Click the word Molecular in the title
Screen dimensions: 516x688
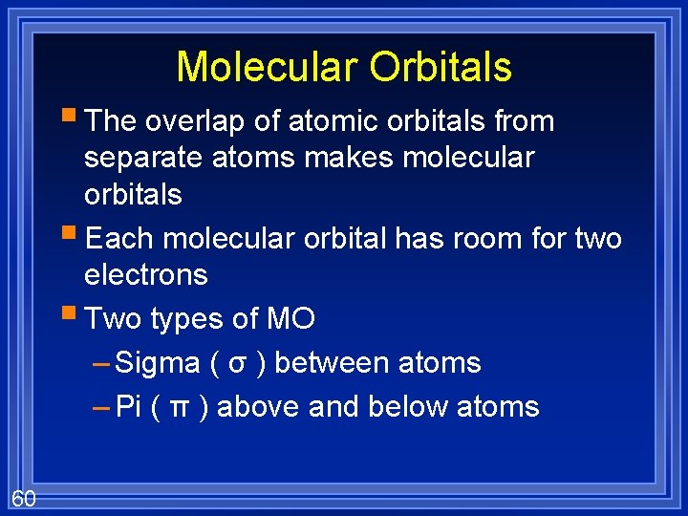(267, 67)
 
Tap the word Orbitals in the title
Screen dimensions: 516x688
(441, 67)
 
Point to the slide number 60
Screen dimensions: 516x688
(24, 498)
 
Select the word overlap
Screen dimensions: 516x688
(196, 121)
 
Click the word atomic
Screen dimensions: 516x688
(327, 121)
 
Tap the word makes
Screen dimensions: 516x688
(348, 158)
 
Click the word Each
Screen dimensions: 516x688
(120, 239)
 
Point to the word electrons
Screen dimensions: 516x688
(145, 275)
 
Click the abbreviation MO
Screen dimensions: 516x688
(290, 318)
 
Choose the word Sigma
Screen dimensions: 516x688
(158, 363)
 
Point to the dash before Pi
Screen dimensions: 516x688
(101, 408)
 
